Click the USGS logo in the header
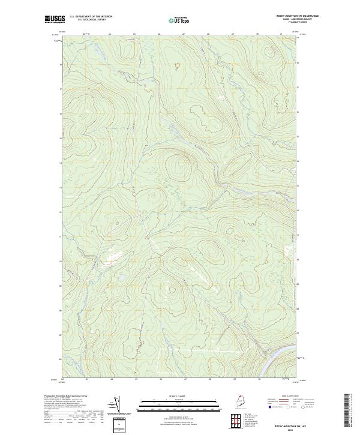54,19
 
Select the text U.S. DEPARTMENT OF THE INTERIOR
91,16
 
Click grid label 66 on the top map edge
158,35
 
